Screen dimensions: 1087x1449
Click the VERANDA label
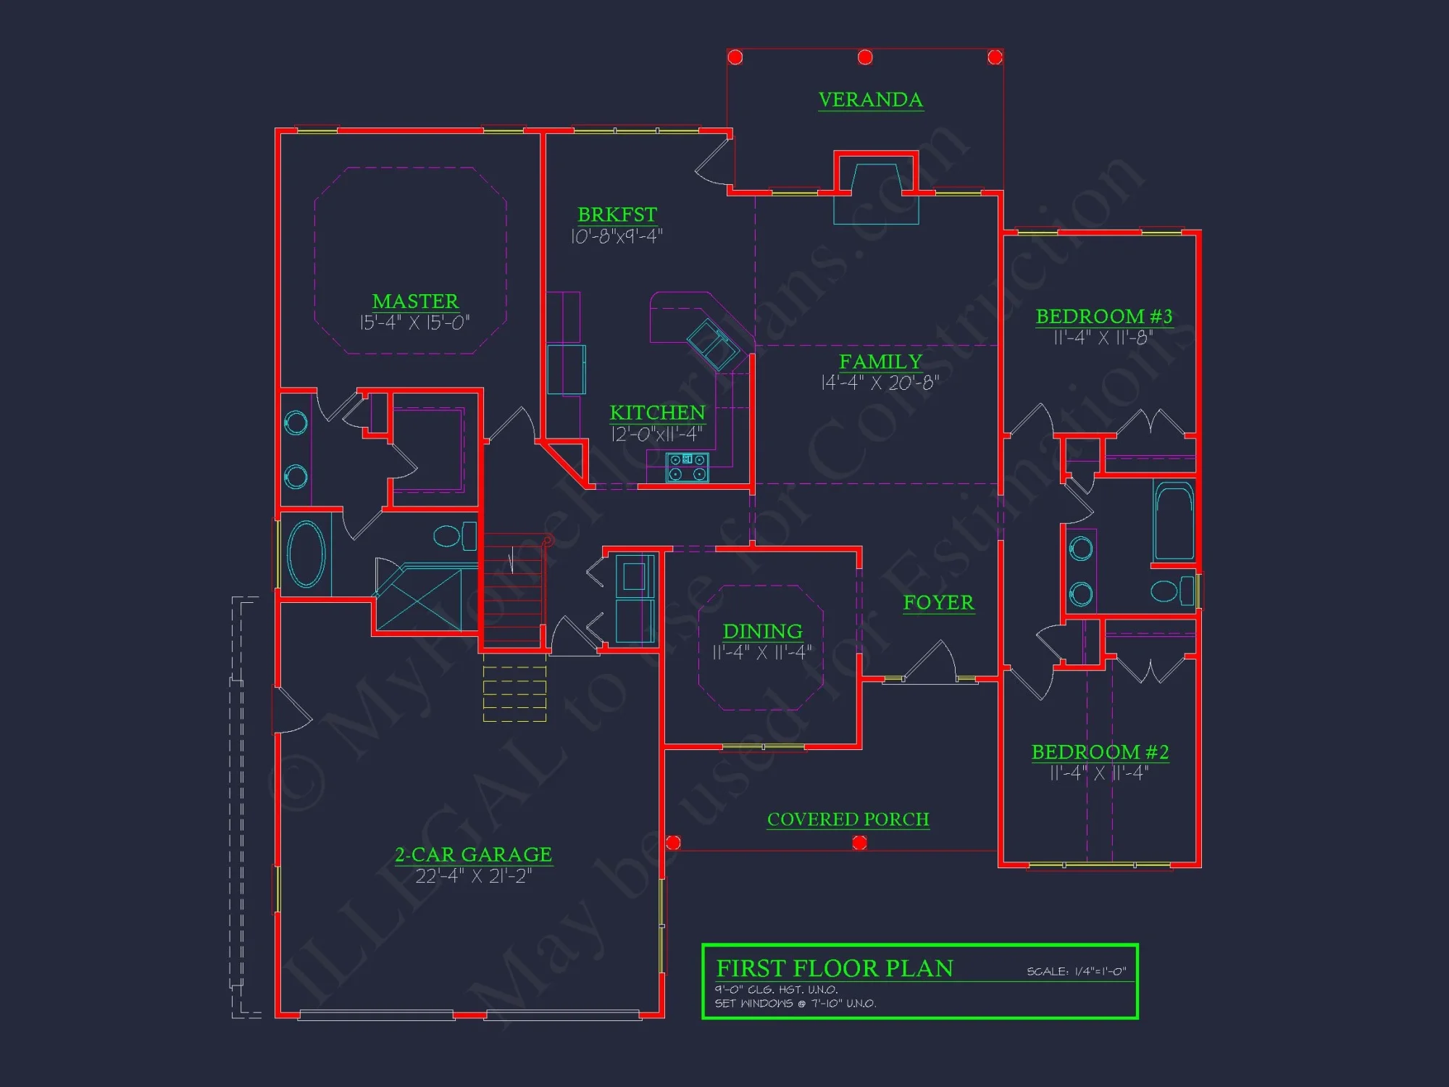(x=870, y=100)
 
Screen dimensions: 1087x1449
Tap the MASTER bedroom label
(x=415, y=301)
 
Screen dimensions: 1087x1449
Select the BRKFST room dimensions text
(x=617, y=236)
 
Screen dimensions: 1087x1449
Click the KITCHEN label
(x=657, y=413)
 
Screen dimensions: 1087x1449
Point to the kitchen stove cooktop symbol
(x=687, y=467)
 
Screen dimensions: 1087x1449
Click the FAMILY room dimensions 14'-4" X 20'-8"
(x=880, y=383)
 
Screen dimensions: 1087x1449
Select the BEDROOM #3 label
(x=1103, y=317)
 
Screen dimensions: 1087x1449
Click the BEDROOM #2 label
(x=1100, y=752)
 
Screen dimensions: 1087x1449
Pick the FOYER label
(x=938, y=603)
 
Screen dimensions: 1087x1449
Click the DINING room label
(x=762, y=631)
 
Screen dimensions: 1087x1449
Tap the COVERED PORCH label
(x=848, y=820)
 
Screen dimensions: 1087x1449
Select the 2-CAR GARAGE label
(x=473, y=855)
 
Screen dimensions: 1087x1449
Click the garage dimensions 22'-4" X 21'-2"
(x=473, y=876)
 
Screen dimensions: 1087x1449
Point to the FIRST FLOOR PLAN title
(x=834, y=969)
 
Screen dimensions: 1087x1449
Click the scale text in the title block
(x=1076, y=972)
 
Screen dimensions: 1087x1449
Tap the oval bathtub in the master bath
(x=306, y=554)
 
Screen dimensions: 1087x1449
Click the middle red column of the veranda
(x=865, y=57)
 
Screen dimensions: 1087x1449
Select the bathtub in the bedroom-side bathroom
(x=1174, y=522)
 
